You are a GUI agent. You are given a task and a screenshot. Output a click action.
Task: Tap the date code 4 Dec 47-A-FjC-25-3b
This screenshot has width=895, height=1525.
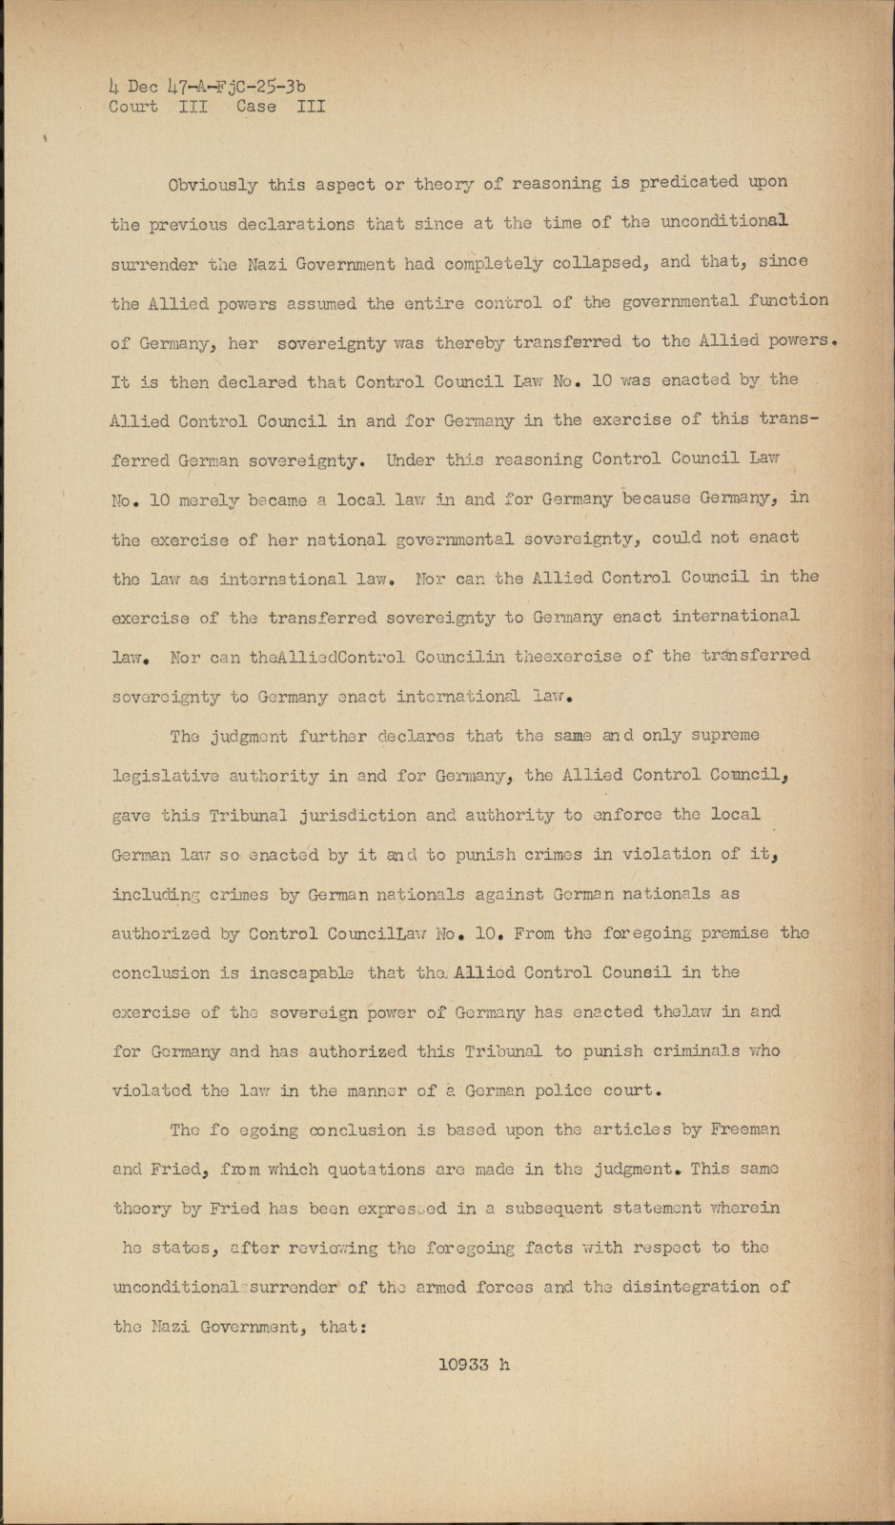pyautogui.click(x=207, y=87)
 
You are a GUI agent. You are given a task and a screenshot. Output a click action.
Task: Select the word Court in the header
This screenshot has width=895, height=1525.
pyautogui.click(x=133, y=107)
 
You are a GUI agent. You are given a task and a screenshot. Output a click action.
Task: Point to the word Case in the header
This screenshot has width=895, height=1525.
pyautogui.click(x=256, y=107)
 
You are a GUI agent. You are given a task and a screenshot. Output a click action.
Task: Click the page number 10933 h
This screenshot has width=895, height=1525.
pyautogui.click(x=474, y=1364)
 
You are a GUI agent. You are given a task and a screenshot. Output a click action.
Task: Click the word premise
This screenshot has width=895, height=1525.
pyautogui.click(x=734, y=933)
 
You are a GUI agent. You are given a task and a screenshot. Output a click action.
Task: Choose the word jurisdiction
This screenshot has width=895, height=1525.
pyautogui.click(x=363, y=815)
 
